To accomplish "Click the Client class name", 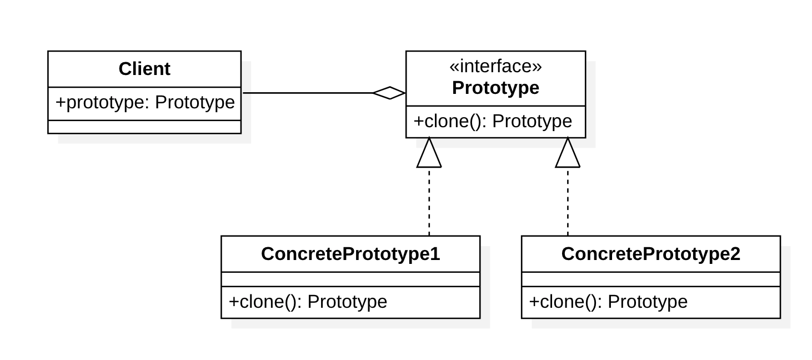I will (x=144, y=69).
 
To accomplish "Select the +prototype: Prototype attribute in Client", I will (x=145, y=103).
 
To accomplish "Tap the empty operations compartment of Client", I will (x=144, y=127).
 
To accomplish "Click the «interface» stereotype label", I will (x=495, y=66).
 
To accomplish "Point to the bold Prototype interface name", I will (x=495, y=88).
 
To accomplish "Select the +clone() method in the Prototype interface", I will (x=493, y=121).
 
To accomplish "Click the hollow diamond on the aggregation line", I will (x=389, y=93).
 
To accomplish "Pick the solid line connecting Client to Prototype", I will (x=305, y=93).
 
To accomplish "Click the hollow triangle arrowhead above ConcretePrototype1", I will (x=429, y=154).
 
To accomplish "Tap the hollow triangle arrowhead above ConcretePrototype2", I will (x=568, y=154).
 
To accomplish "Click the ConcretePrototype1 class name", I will (x=350, y=254).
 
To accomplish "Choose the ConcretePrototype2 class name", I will (x=650, y=254).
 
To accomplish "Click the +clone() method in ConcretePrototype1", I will (x=308, y=302).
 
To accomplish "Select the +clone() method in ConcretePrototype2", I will (x=608, y=302).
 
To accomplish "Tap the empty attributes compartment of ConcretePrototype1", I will (x=350, y=279).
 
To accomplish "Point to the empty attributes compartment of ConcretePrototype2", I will (x=650, y=279).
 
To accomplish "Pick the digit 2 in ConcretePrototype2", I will (x=735, y=254).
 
